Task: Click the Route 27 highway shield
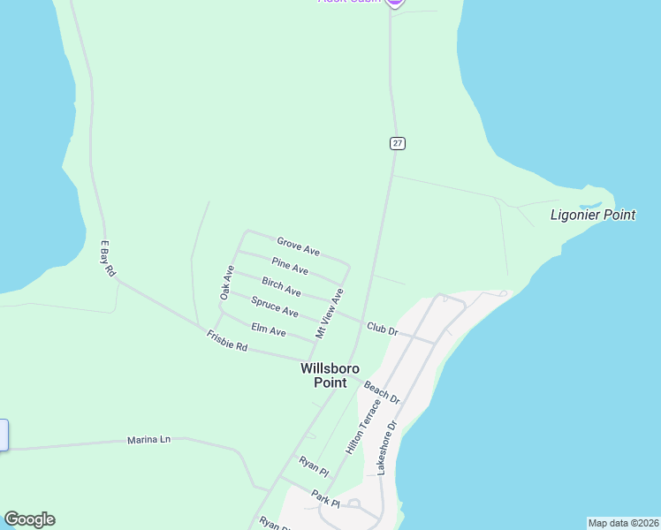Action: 398,143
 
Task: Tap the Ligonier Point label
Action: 593,215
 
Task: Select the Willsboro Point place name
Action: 330,375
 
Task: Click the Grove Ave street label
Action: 298,246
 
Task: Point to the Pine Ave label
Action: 290,267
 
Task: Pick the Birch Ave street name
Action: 281,286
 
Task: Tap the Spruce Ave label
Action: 274,308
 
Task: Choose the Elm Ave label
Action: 269,330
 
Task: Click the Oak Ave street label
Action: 227,281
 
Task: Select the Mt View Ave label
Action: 329,313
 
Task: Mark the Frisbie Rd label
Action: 226,341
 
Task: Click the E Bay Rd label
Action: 108,259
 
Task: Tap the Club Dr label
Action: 384,329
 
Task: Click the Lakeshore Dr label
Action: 388,448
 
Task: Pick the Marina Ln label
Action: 148,439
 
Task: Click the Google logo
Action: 29,519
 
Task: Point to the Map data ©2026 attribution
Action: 623,523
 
